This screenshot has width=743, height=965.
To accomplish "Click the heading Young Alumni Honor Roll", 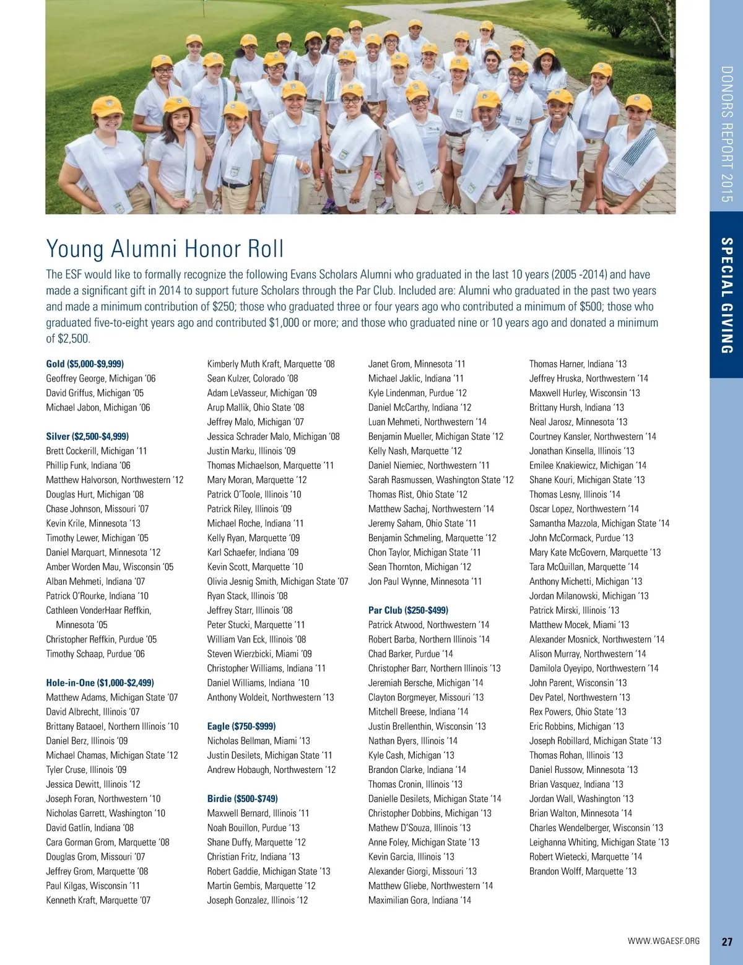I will pos(165,249).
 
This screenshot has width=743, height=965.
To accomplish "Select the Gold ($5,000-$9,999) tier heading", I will pos(85,364).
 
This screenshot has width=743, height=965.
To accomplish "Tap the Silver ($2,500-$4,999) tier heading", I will pos(87,437).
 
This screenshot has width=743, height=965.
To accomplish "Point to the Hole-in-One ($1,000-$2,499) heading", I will pos(100,683).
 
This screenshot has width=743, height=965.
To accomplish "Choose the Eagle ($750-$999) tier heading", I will pos(241,726).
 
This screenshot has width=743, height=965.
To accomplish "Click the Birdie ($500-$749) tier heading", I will pos(243,798).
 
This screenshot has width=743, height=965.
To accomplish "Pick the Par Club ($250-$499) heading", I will pos(408,610).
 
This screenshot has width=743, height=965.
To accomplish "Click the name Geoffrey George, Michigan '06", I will pos(101,378).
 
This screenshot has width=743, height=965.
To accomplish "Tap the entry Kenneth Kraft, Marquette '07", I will pos(98,900).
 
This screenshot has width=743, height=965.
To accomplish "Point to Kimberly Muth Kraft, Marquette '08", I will pos(271,364).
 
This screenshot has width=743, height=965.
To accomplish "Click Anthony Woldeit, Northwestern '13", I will pos(271,697).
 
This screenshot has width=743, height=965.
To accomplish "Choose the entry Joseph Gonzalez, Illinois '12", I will pos(258,900).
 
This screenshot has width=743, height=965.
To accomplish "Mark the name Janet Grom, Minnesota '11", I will pos(417,364).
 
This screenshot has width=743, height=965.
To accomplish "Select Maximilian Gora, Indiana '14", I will pos(419,900).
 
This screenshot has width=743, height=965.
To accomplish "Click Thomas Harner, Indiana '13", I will pos(578,364).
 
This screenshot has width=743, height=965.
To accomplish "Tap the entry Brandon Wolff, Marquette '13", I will pos(583,871).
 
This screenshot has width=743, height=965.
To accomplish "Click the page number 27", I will pos(727,941).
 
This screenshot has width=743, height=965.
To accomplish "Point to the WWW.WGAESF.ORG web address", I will pos(664,941).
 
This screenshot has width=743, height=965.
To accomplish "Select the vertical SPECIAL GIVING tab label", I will pos(727,295).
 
